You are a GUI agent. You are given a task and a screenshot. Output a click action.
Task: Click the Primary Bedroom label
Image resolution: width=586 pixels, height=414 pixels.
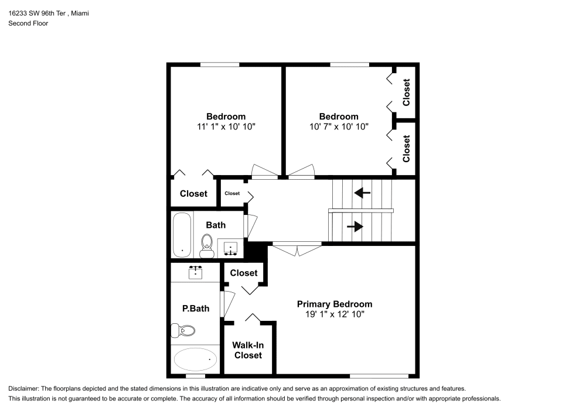tap(334, 304)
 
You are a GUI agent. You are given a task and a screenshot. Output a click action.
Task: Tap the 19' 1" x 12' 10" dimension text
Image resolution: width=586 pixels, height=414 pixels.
tap(334, 314)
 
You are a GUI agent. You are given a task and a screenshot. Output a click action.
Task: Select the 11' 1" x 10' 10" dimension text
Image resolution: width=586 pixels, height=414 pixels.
tap(226, 126)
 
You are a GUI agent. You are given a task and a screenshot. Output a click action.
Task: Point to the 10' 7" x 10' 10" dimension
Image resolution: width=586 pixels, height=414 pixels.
tap(339, 126)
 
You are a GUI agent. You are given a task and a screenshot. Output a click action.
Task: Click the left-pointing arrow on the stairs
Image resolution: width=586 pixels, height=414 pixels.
tap(362, 191)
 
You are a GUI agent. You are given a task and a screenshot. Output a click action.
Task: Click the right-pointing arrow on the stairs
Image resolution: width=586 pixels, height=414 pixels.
tap(355, 227)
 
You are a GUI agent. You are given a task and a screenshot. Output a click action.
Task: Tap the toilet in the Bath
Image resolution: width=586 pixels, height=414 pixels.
tap(207, 246)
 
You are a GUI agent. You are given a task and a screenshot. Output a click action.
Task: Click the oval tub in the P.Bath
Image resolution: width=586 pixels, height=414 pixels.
tap(195, 358)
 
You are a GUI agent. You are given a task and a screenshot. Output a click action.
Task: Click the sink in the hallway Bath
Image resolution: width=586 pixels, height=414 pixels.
tap(231, 248)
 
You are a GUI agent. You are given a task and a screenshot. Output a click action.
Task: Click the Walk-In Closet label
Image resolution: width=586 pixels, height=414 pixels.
tap(248, 350)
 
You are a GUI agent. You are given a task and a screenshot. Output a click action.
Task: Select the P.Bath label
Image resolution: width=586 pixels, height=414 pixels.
tap(195, 309)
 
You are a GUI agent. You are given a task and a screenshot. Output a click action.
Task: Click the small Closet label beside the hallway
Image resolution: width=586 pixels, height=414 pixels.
tap(232, 193)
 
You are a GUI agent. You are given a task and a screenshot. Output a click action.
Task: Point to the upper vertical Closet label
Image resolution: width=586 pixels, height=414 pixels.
tap(406, 93)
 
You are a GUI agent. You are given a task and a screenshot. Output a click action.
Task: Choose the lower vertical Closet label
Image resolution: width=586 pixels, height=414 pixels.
tap(406, 149)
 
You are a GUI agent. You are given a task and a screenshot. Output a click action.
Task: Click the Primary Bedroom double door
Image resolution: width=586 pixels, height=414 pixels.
tap(298, 249)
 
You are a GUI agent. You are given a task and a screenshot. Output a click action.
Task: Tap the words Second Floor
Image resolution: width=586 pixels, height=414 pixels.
tap(28, 23)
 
